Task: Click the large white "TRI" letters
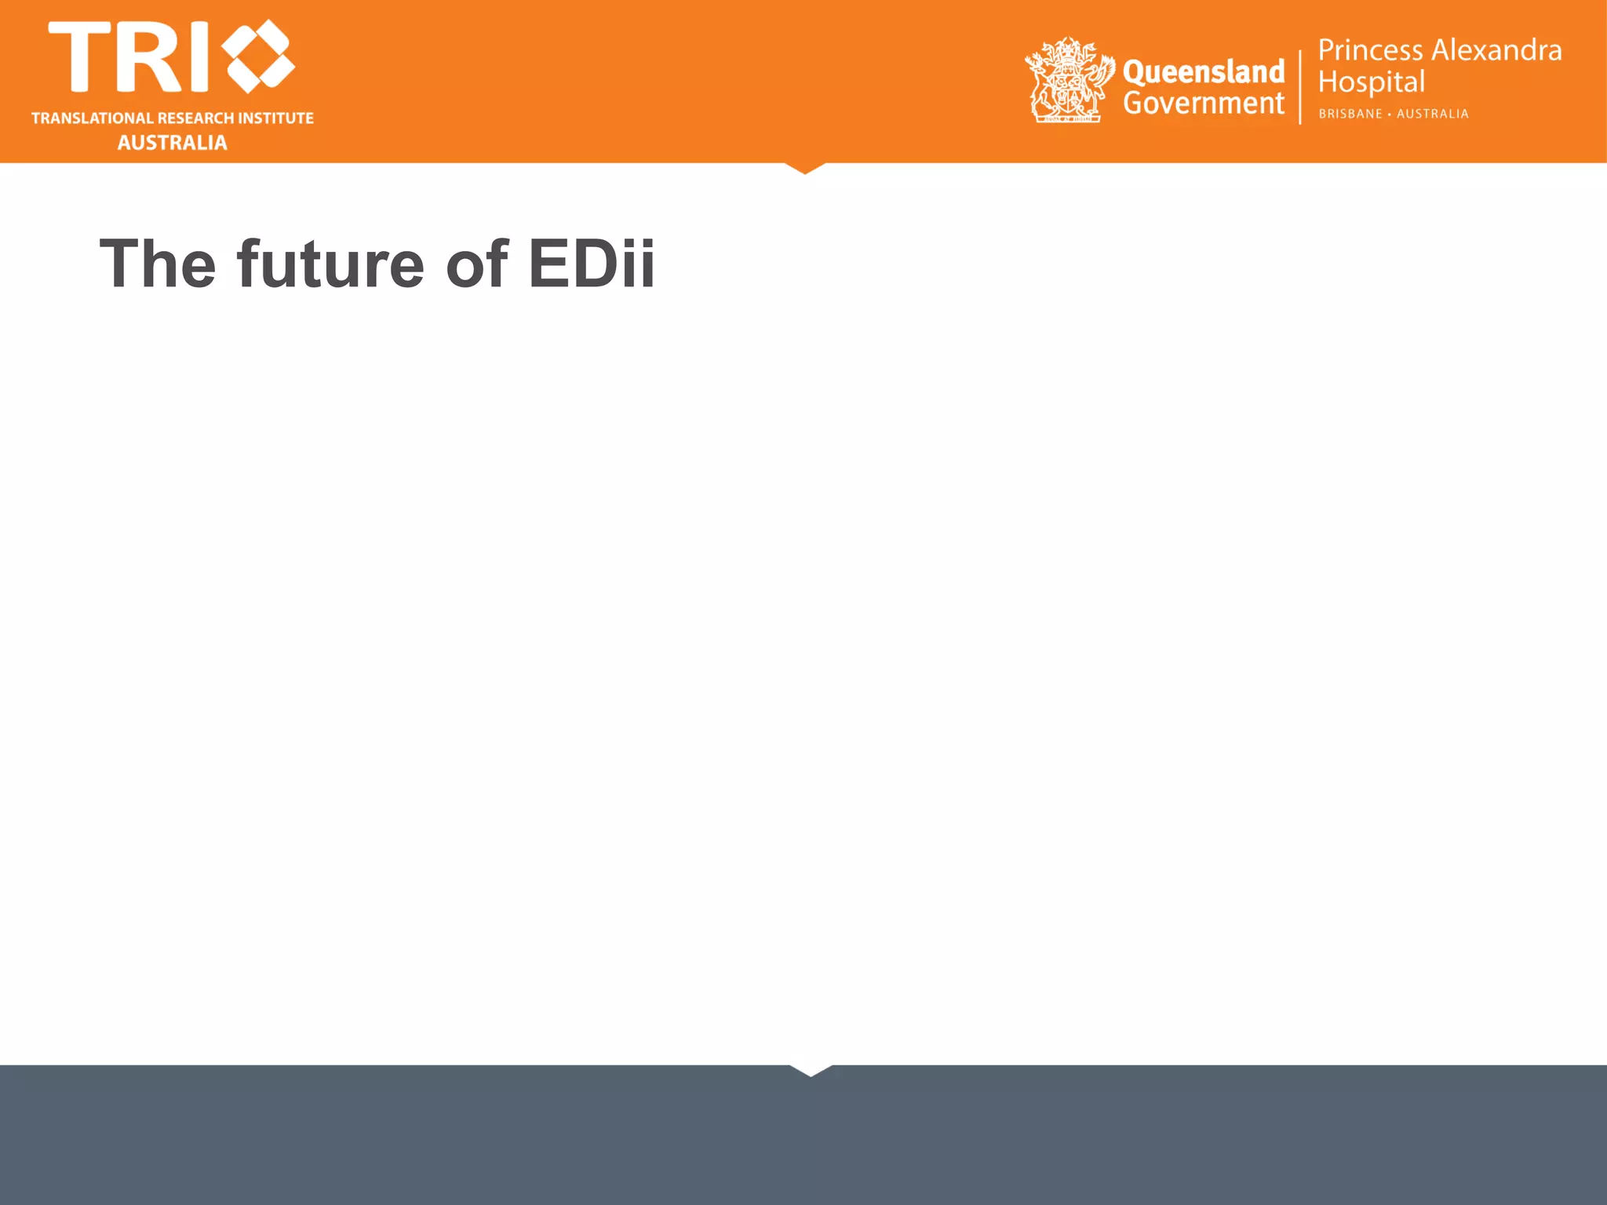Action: pyautogui.click(x=129, y=56)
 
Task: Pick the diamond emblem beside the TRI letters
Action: pyautogui.click(x=258, y=56)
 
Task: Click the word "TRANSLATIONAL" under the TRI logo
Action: pyautogui.click(x=92, y=118)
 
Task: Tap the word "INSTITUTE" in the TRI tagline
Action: pyautogui.click(x=275, y=118)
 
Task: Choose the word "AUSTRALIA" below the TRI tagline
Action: pyautogui.click(x=173, y=143)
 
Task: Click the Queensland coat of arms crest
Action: pyautogui.click(x=1069, y=81)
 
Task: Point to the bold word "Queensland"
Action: pyautogui.click(x=1204, y=71)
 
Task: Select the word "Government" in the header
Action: pyautogui.click(x=1204, y=104)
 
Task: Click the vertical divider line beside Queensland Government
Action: pyautogui.click(x=1300, y=86)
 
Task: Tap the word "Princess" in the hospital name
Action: pyautogui.click(x=1370, y=50)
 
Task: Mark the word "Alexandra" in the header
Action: pyautogui.click(x=1497, y=50)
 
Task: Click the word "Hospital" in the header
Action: pyautogui.click(x=1371, y=82)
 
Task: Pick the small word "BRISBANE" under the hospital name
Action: pyautogui.click(x=1350, y=115)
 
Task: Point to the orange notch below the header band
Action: pyautogui.click(x=805, y=167)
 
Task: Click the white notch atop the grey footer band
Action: pyautogui.click(x=811, y=1069)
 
